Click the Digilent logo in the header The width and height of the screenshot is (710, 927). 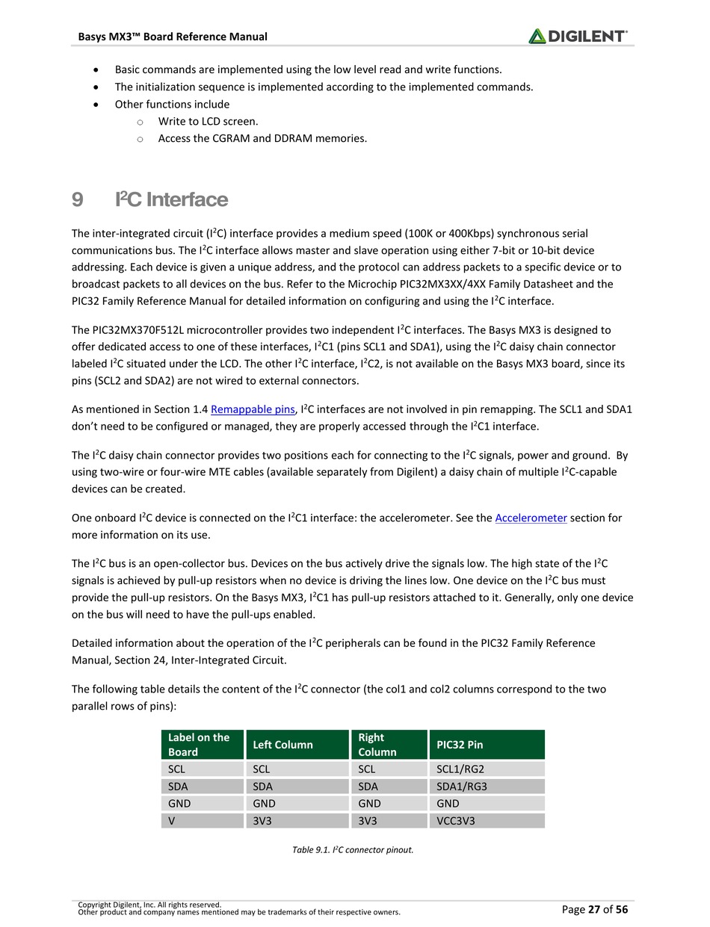coord(578,36)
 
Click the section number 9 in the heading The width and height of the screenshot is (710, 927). coord(77,200)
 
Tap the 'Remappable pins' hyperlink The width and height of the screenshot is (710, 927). coord(253,409)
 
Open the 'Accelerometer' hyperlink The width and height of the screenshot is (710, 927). coord(531,518)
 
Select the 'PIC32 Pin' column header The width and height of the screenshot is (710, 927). coord(487,745)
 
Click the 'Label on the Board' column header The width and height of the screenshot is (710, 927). coord(203,745)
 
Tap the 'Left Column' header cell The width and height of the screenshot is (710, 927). coord(297,745)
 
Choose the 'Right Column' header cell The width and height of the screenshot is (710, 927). coord(389,745)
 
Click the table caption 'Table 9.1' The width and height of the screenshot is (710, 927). coord(353,850)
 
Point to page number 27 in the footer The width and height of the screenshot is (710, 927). coord(594,909)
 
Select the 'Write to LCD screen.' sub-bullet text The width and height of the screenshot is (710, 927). coord(209,121)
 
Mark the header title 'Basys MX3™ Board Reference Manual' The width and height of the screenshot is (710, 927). coord(173,37)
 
